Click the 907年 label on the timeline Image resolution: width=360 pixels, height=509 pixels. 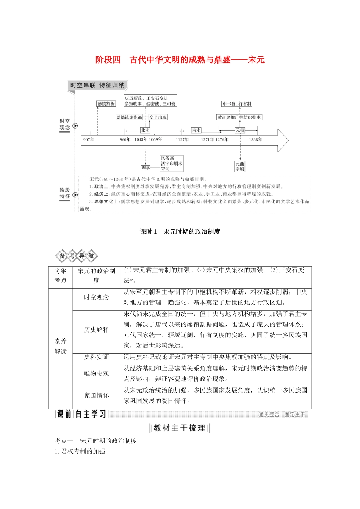pyautogui.click(x=89, y=140)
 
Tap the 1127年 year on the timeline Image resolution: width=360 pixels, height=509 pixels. pyautogui.click(x=182, y=140)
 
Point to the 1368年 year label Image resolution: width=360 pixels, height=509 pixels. pyautogui.click(x=255, y=140)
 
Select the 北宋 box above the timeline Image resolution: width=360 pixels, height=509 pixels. pyautogui.click(x=145, y=130)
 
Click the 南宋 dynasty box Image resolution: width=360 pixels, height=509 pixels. pyautogui.click(x=196, y=130)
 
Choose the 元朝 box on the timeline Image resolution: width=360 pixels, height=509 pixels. pyautogui.click(x=240, y=130)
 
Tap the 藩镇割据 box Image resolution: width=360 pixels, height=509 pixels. pyautogui.click(x=106, y=104)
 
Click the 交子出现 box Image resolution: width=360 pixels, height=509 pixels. pyautogui.click(x=158, y=117)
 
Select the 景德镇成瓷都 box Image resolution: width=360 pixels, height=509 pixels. pyautogui.click(x=129, y=117)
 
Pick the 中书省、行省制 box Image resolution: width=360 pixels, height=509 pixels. pyautogui.click(x=237, y=104)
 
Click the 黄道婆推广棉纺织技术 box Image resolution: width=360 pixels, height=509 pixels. pyautogui.click(x=239, y=117)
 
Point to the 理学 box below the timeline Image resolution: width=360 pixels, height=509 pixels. pyautogui.click(x=146, y=167)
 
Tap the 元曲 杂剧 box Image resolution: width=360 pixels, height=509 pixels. pyautogui.click(x=240, y=166)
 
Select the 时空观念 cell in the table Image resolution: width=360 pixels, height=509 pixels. pyautogui.click(x=96, y=297)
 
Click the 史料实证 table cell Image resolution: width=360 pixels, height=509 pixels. pyautogui.click(x=96, y=357)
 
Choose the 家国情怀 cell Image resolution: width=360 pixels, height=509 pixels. pyautogui.click(x=96, y=396)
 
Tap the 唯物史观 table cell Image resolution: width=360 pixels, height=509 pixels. pyautogui.click(x=96, y=374)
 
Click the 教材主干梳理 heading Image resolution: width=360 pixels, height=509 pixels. pyautogui.click(x=180, y=428)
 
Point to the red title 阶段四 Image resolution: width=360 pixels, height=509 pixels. pyautogui.click(x=108, y=60)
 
